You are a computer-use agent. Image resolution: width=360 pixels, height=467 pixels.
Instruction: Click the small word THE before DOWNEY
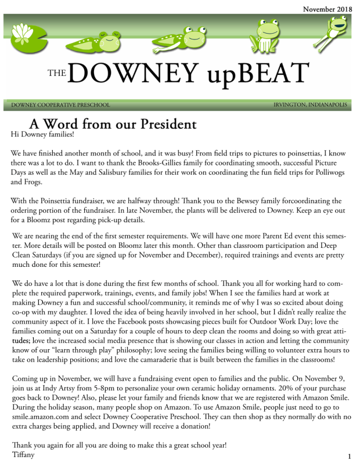56,74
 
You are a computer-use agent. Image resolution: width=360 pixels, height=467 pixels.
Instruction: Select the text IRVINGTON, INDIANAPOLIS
310,105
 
